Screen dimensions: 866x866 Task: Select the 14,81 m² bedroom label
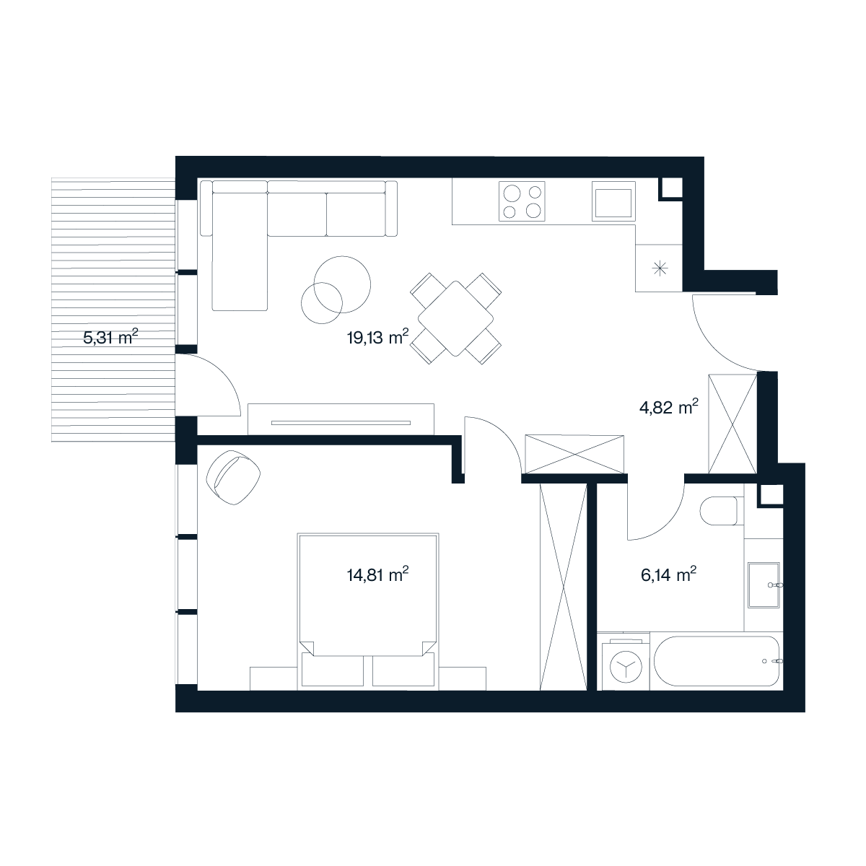pos(378,574)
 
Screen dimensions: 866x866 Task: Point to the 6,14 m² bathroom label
pos(669,574)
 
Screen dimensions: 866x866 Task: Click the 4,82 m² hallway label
pos(669,408)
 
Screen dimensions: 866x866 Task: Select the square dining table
pos(455,319)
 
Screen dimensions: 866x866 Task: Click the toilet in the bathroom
pos(719,511)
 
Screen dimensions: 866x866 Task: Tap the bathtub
pos(717,661)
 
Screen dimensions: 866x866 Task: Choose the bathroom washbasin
pos(764,585)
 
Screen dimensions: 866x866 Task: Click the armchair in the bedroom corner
pos(233,478)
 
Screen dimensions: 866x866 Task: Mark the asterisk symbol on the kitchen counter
pos(660,268)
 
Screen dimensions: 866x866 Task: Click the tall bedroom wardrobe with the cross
pos(564,587)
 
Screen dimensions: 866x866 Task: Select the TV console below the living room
pos(341,419)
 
